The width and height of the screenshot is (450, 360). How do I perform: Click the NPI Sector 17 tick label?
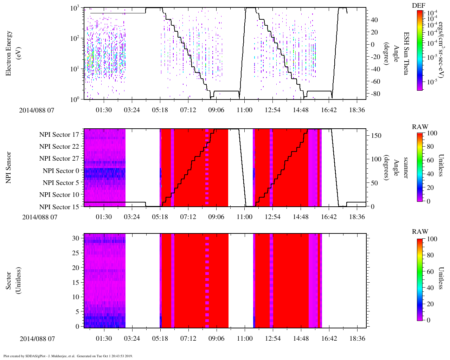[x=59, y=135]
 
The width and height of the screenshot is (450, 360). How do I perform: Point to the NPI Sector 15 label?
[x=59, y=207]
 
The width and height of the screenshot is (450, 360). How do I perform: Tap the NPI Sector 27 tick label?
[x=59, y=159]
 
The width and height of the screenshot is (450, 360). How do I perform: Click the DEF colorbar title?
[x=419, y=6]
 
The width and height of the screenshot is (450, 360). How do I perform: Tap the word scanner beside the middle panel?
[x=406, y=167]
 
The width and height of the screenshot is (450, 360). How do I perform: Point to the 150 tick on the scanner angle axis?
[x=376, y=136]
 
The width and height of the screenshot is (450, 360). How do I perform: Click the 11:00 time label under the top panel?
[x=244, y=110]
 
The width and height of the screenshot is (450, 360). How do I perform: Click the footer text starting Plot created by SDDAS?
[x=68, y=356]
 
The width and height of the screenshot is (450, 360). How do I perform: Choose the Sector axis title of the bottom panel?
[x=12, y=281]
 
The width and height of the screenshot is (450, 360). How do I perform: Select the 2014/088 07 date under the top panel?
[x=37, y=110]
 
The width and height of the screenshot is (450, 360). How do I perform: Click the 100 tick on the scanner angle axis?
[x=376, y=159]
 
